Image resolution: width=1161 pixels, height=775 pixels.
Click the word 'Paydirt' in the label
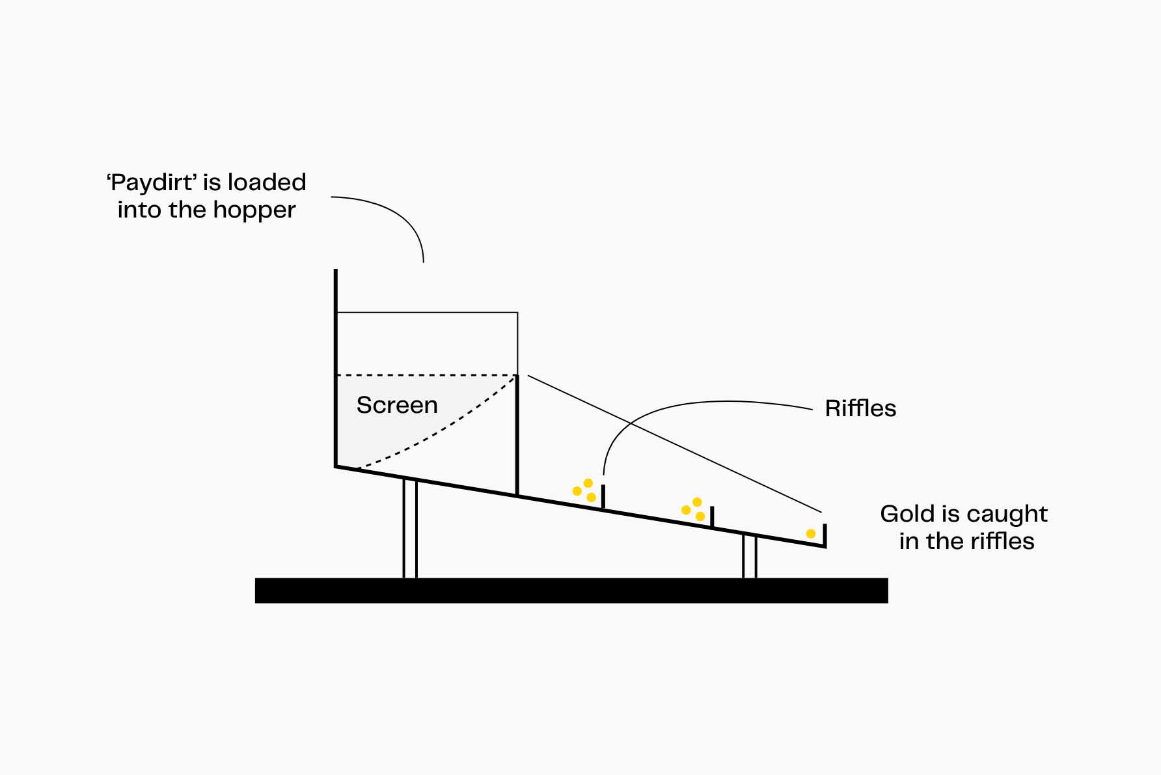point(152,183)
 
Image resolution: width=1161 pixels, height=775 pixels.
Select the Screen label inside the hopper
point(397,405)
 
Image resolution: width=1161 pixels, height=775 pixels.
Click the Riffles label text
point(860,408)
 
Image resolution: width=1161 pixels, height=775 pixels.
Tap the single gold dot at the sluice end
point(810,534)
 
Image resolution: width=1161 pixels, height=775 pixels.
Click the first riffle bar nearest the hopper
point(603,496)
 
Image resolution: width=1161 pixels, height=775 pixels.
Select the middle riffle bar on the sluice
point(712,516)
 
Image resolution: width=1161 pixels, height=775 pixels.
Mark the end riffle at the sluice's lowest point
point(825,535)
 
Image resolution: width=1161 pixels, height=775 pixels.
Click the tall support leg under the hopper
point(410,529)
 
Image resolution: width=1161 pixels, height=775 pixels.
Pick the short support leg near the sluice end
point(750,556)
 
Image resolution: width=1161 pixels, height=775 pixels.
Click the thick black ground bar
point(571,591)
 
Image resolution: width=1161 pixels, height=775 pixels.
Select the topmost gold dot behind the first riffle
point(588,483)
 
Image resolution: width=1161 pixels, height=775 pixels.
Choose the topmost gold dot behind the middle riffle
point(697,502)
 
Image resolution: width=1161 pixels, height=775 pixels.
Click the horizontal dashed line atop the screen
point(426,375)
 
